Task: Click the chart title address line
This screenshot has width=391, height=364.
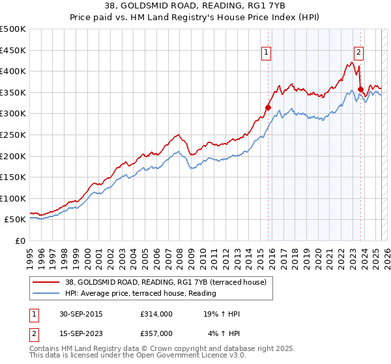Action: tap(195, 6)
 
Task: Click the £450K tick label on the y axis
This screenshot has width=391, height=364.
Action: tap(13, 50)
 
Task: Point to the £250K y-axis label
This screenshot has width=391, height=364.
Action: tap(13, 135)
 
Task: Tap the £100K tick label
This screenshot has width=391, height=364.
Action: tap(13, 198)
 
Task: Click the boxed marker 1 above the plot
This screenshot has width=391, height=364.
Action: tap(268, 54)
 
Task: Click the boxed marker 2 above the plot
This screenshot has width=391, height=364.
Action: tap(359, 54)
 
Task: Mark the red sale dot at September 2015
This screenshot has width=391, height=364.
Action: tap(268, 108)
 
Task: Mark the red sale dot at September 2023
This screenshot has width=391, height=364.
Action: tap(360, 90)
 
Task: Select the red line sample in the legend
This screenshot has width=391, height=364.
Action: tap(46, 282)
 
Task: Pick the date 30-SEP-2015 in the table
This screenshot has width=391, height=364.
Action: tap(80, 315)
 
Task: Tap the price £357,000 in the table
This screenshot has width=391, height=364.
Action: tap(156, 333)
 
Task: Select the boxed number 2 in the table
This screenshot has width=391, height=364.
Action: tap(32, 333)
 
